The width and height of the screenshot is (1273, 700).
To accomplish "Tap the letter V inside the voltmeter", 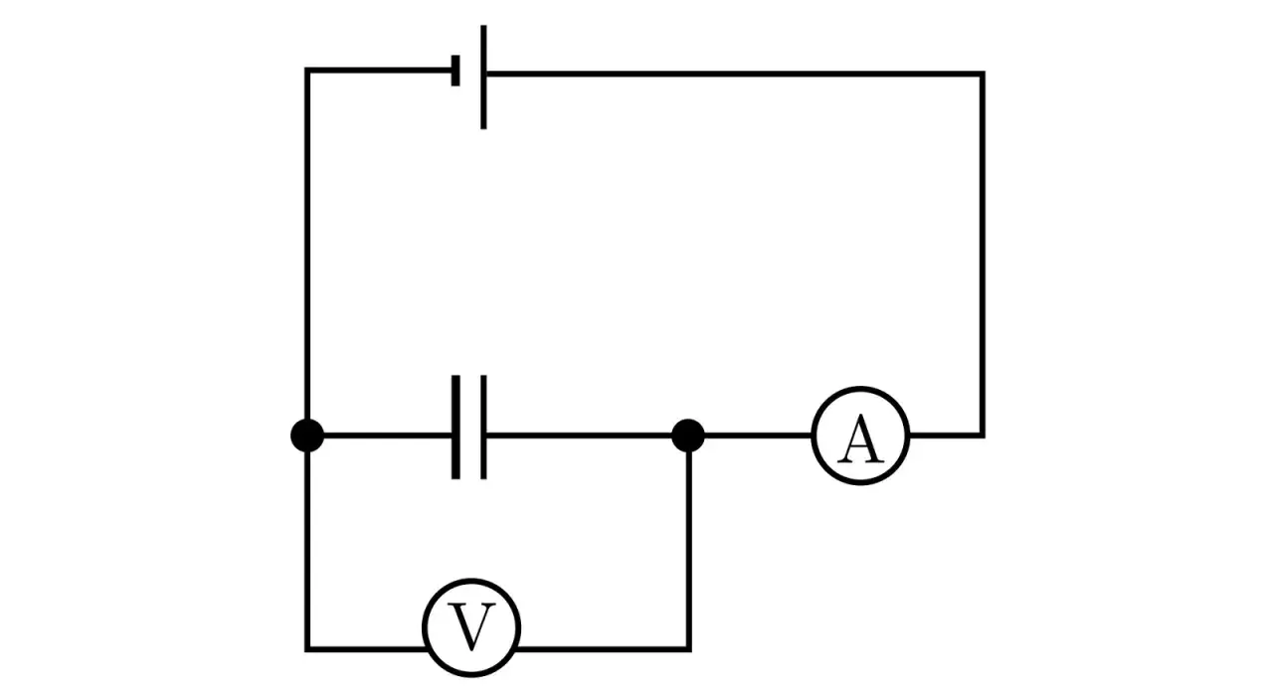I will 471,627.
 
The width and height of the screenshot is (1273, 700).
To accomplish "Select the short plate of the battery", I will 455,71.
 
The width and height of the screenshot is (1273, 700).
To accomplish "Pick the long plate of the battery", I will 483,77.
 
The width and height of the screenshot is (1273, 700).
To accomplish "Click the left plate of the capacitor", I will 455,428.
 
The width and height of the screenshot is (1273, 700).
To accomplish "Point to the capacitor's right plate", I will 483,428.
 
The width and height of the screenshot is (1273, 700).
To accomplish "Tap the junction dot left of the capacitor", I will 307,436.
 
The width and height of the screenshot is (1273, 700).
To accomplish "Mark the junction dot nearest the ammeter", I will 688,436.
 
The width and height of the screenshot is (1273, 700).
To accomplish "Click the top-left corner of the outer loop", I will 307,71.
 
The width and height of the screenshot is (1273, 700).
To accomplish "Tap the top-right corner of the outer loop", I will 983,74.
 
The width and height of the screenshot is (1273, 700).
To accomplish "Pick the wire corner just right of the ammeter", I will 983,435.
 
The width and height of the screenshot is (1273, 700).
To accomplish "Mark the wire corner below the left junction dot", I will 307,648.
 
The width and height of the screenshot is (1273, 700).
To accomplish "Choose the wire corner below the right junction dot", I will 688,648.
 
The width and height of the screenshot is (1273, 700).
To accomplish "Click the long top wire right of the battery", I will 736,74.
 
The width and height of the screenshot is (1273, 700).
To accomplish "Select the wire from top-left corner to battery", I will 378,70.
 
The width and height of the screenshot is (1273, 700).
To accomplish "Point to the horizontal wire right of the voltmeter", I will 603,648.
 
